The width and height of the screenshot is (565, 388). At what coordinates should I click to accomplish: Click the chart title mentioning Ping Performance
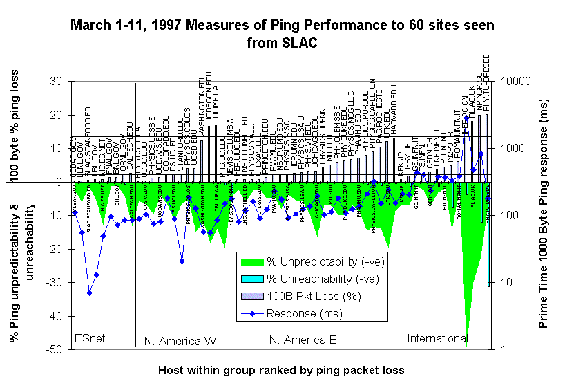(282, 34)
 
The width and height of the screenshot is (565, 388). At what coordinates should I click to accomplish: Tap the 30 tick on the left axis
(57, 81)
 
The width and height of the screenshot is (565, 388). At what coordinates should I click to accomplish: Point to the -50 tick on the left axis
(54, 349)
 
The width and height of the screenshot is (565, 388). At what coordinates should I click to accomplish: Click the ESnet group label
(90, 339)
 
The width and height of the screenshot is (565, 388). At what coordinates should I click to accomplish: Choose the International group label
(437, 338)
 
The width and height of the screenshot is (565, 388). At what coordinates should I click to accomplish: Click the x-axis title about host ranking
(280, 370)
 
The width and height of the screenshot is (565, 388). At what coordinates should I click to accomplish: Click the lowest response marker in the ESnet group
(90, 293)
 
